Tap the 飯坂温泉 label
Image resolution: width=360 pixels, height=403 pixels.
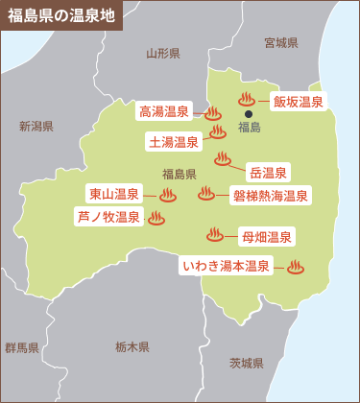click(298, 102)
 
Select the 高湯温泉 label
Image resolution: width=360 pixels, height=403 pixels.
click(165, 111)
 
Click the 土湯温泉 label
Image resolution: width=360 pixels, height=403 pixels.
click(174, 142)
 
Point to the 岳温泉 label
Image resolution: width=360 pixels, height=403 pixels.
click(268, 173)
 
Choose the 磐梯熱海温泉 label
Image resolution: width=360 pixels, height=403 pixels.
click(270, 196)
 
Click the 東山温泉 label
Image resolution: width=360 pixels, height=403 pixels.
click(114, 194)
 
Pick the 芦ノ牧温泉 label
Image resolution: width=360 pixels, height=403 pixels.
click(108, 218)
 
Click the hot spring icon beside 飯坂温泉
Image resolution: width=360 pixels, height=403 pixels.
click(245, 98)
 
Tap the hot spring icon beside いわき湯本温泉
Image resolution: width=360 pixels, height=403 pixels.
click(295, 266)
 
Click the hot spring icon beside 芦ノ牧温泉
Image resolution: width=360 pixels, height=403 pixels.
click(156, 218)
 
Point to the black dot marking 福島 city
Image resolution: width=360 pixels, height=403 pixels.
click(249, 113)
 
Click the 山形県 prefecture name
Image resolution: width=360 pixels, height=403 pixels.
click(162, 54)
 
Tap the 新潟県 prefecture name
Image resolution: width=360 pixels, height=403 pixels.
click(36, 127)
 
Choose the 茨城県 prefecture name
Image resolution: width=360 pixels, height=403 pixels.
click(246, 363)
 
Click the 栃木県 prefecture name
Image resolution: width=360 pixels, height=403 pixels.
click(132, 346)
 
